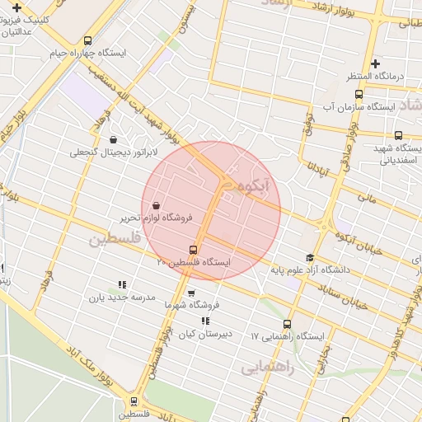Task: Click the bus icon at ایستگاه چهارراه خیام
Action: [88, 40]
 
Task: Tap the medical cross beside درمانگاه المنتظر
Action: [375, 63]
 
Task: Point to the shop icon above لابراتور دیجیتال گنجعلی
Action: [112, 139]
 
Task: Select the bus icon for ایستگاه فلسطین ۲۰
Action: [194, 250]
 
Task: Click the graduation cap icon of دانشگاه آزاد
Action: [309, 258]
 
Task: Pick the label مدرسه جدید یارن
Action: [122, 298]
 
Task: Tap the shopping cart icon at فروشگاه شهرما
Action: [191, 293]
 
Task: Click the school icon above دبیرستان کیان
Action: [205, 321]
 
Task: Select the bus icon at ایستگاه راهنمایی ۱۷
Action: [287, 325]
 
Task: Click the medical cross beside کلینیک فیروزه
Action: [16, 7]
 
